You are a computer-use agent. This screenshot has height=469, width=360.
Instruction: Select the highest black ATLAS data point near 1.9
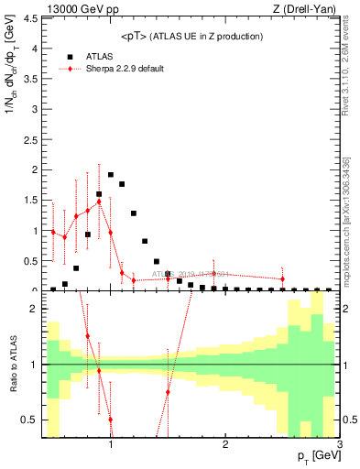click(111, 174)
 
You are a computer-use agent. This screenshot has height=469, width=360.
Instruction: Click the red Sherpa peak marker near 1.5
click(99, 202)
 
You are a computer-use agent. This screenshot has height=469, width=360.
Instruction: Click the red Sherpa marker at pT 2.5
click(282, 278)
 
